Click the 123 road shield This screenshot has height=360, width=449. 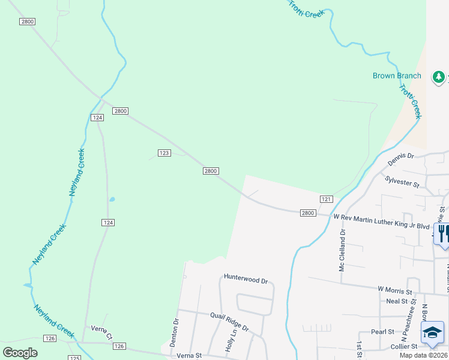[x=164, y=153]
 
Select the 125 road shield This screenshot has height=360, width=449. [x=74, y=358]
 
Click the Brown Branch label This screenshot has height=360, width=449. [x=397, y=76]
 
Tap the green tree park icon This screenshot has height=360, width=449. [x=439, y=76]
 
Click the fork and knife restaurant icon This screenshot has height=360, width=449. [x=443, y=232]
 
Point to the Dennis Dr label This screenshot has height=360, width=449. [x=401, y=158]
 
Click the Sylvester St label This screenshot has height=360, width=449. [x=402, y=182]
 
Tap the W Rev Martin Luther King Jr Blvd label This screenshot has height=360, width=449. [x=382, y=221]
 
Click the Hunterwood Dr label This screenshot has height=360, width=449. [x=245, y=277]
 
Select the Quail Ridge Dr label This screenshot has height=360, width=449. [x=229, y=323]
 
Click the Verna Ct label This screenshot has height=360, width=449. [x=101, y=329]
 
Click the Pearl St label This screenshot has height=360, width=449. [x=382, y=331]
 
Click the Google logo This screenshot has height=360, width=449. [x=20, y=352]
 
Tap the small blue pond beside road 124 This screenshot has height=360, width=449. [x=112, y=199]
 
